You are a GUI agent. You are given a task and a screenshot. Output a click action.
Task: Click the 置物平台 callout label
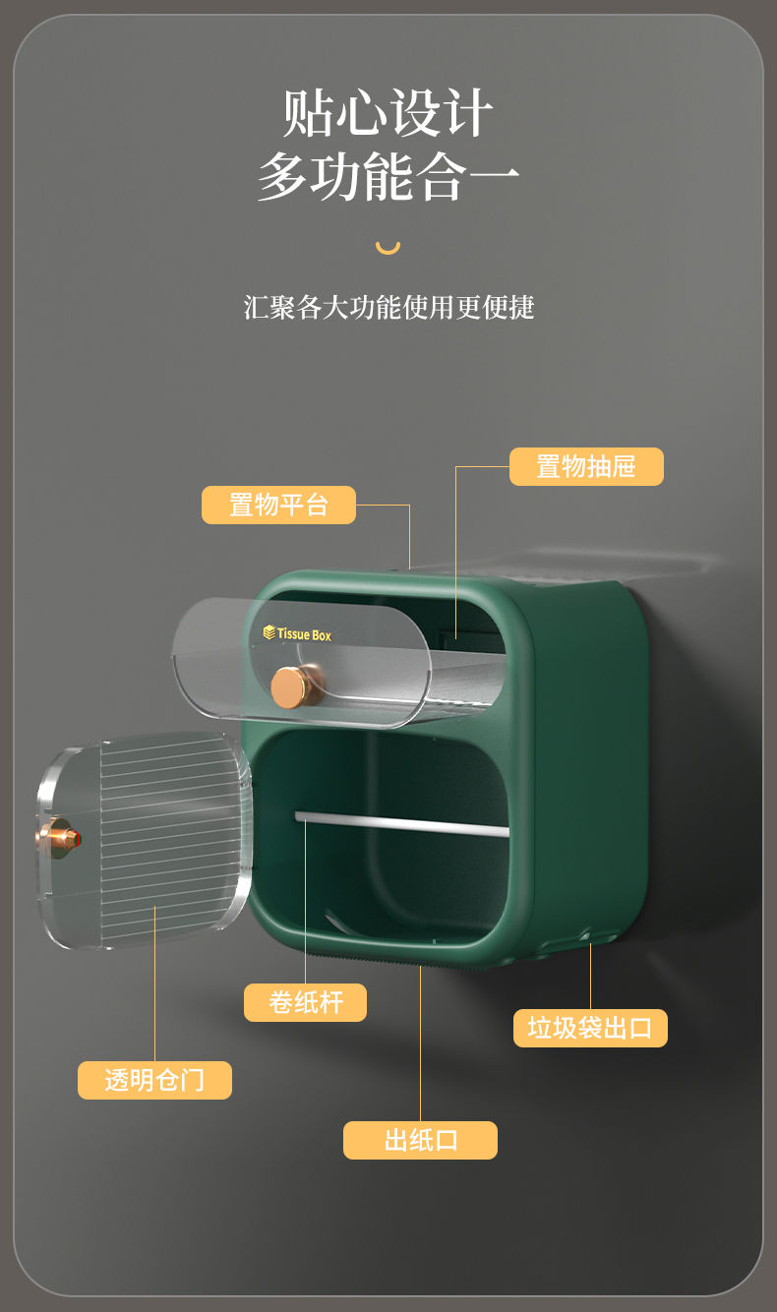[278, 505]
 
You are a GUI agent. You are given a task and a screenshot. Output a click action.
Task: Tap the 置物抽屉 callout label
[586, 466]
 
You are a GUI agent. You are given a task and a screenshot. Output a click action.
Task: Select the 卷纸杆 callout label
[305, 1002]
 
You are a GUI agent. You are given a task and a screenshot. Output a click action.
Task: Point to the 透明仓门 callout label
[154, 1080]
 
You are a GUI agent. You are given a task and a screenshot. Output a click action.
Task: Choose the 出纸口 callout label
[420, 1140]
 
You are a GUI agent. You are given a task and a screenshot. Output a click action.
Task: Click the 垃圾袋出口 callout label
[590, 1028]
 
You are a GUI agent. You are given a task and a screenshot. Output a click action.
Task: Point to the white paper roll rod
[403, 823]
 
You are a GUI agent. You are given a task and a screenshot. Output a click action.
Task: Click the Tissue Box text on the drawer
[304, 634]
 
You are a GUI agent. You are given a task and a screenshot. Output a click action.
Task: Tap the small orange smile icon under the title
[388, 247]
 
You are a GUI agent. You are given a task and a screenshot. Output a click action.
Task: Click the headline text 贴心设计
[388, 113]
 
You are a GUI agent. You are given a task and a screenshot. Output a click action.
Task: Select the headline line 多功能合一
[388, 177]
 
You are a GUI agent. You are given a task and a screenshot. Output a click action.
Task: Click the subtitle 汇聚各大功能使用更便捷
[388, 307]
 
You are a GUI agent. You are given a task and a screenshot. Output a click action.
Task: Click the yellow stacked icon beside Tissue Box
[269, 632]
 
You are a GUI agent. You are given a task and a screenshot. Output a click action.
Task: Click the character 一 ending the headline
[493, 177]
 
